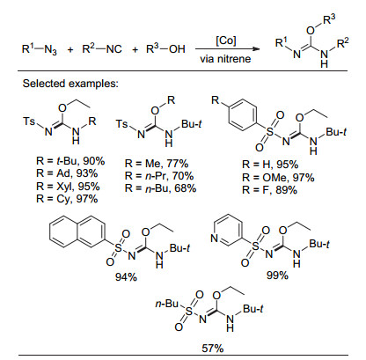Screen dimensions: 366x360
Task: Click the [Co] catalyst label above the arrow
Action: tap(226, 40)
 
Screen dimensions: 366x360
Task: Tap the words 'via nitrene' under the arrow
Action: tap(225, 59)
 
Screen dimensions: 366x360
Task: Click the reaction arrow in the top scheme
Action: tap(228, 48)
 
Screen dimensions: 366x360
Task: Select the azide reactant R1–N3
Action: tap(40, 48)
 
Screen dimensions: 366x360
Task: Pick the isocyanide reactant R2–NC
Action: tap(102, 48)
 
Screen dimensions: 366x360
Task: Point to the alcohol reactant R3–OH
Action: tap(165, 48)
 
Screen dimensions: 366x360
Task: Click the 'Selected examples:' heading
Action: tap(70, 84)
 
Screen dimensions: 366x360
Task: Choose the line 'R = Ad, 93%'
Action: tap(67, 173)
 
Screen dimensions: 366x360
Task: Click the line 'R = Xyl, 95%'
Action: tap(68, 187)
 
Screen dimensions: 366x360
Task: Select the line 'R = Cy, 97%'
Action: tap(67, 199)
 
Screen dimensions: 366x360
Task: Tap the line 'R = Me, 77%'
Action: tap(157, 164)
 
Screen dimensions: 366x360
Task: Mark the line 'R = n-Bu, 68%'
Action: tap(160, 188)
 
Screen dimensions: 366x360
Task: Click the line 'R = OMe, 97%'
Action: tap(278, 178)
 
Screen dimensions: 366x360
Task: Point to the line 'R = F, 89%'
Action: tap(269, 190)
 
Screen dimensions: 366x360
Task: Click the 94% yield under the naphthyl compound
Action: tap(126, 277)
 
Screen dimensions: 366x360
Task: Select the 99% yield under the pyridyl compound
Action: tap(277, 276)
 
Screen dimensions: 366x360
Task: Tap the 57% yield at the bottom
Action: tap(213, 349)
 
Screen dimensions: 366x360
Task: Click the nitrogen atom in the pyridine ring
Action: tap(215, 238)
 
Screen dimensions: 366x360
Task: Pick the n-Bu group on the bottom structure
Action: tap(166, 304)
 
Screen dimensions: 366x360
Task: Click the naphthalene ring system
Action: tap(77, 231)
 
